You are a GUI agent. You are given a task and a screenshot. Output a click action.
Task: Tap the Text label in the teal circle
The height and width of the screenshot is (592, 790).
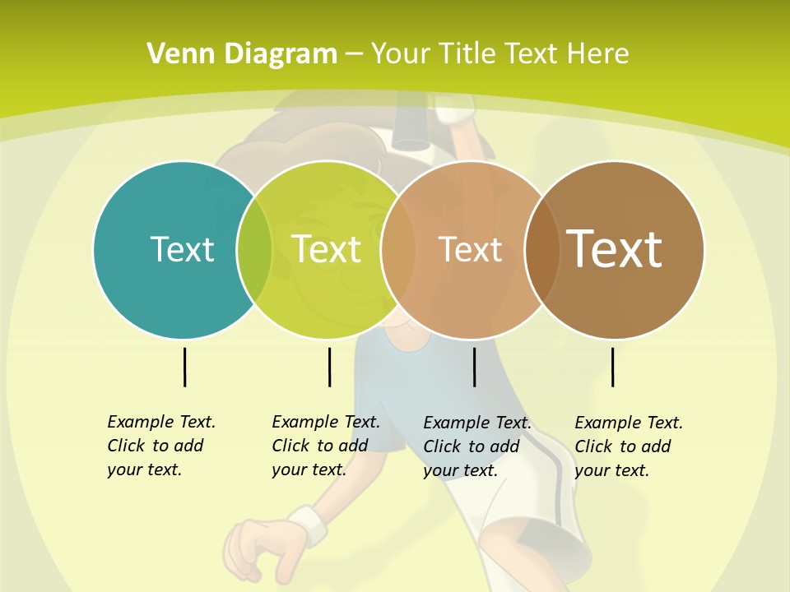pos(182,249)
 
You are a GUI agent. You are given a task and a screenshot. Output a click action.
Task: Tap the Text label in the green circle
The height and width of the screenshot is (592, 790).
pos(327,249)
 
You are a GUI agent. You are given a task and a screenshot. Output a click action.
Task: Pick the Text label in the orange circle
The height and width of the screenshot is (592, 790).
pos(470,250)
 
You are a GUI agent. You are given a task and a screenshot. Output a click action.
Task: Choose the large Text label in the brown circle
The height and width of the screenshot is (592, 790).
pos(614,248)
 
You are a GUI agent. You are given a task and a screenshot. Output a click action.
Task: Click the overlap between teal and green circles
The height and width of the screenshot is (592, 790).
pos(254,250)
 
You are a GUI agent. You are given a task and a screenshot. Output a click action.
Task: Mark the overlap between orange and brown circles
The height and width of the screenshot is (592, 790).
pos(542,250)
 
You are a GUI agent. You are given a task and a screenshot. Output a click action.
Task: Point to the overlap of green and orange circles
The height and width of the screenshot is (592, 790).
pos(398,250)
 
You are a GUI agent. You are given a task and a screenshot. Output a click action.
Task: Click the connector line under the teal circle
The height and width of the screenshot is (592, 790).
pos(184,367)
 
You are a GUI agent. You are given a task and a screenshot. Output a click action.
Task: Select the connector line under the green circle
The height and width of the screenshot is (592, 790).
pos(329,367)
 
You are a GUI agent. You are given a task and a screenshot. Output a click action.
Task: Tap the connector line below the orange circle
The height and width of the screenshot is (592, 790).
pos(474,367)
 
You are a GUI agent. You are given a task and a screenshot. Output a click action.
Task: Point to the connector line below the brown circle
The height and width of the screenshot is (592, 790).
pos(612,367)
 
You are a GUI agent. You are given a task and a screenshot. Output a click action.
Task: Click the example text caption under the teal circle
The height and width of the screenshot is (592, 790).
pos(161,446)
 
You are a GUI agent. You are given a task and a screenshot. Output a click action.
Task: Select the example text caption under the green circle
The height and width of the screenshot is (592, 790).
pos(326,446)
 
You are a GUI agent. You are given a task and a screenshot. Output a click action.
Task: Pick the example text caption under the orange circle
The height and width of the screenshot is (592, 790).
pos(477,446)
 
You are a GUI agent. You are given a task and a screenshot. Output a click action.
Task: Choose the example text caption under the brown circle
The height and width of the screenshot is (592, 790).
pos(629,446)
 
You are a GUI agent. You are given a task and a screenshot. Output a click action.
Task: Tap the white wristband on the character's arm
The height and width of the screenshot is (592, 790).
pos(305,526)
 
